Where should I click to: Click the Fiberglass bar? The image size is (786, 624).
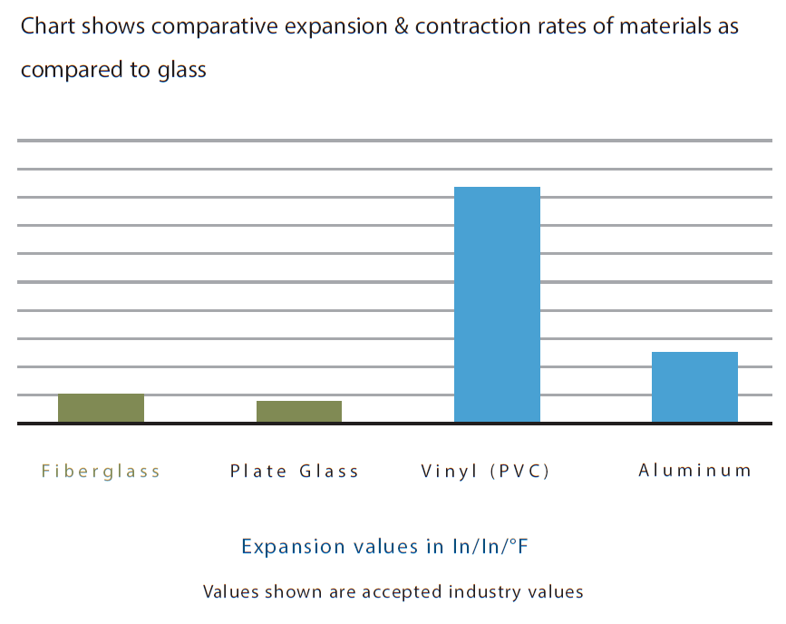click(101, 408)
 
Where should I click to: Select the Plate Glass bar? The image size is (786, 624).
click(299, 412)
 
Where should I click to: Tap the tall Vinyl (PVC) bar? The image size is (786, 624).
click(497, 304)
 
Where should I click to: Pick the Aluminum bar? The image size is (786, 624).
click(694, 387)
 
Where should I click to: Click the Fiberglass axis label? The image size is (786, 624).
click(101, 472)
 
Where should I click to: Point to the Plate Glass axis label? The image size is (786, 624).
click(295, 472)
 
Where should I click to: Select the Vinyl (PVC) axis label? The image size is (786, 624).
click(485, 472)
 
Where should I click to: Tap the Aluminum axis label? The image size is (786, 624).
click(695, 470)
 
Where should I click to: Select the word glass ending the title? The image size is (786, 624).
click(180, 70)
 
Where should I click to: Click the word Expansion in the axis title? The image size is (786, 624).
click(293, 547)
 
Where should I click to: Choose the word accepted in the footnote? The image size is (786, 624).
click(394, 592)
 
